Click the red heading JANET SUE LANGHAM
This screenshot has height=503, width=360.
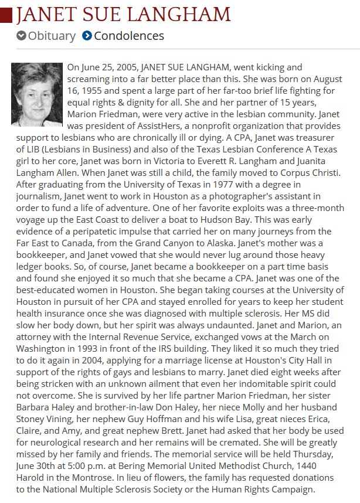point(123,13)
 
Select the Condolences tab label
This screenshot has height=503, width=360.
point(128,36)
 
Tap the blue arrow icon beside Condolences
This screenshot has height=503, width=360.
point(87,36)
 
